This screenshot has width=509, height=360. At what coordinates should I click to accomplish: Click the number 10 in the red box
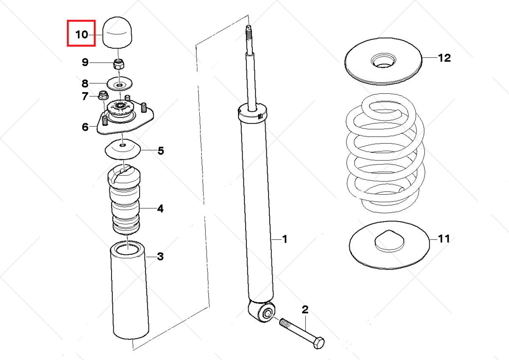pyautogui.click(x=81, y=34)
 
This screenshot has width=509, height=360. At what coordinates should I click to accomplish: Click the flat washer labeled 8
pyautogui.click(x=120, y=84)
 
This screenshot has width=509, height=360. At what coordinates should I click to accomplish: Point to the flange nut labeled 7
pyautogui.click(x=102, y=96)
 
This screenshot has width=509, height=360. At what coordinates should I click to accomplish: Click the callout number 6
pyautogui.click(x=85, y=127)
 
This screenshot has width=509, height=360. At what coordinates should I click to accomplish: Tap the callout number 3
pyautogui.click(x=160, y=256)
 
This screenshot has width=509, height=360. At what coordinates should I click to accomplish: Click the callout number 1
pyautogui.click(x=285, y=239)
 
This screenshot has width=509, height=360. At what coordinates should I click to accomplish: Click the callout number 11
pyautogui.click(x=444, y=239)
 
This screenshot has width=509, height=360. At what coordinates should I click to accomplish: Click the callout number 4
pyautogui.click(x=160, y=208)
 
